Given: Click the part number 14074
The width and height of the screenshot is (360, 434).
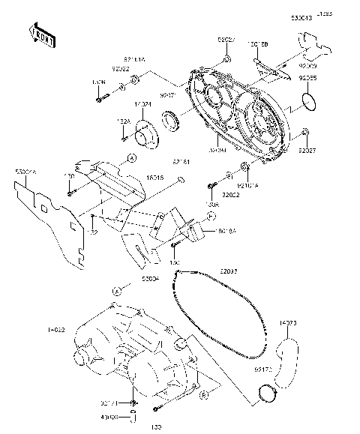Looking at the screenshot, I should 143,104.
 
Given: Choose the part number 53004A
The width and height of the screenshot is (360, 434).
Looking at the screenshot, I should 25,172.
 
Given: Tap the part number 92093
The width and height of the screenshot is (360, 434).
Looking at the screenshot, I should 230,271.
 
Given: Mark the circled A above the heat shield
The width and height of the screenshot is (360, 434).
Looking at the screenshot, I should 130,158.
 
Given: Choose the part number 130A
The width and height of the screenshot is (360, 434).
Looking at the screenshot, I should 213,204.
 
